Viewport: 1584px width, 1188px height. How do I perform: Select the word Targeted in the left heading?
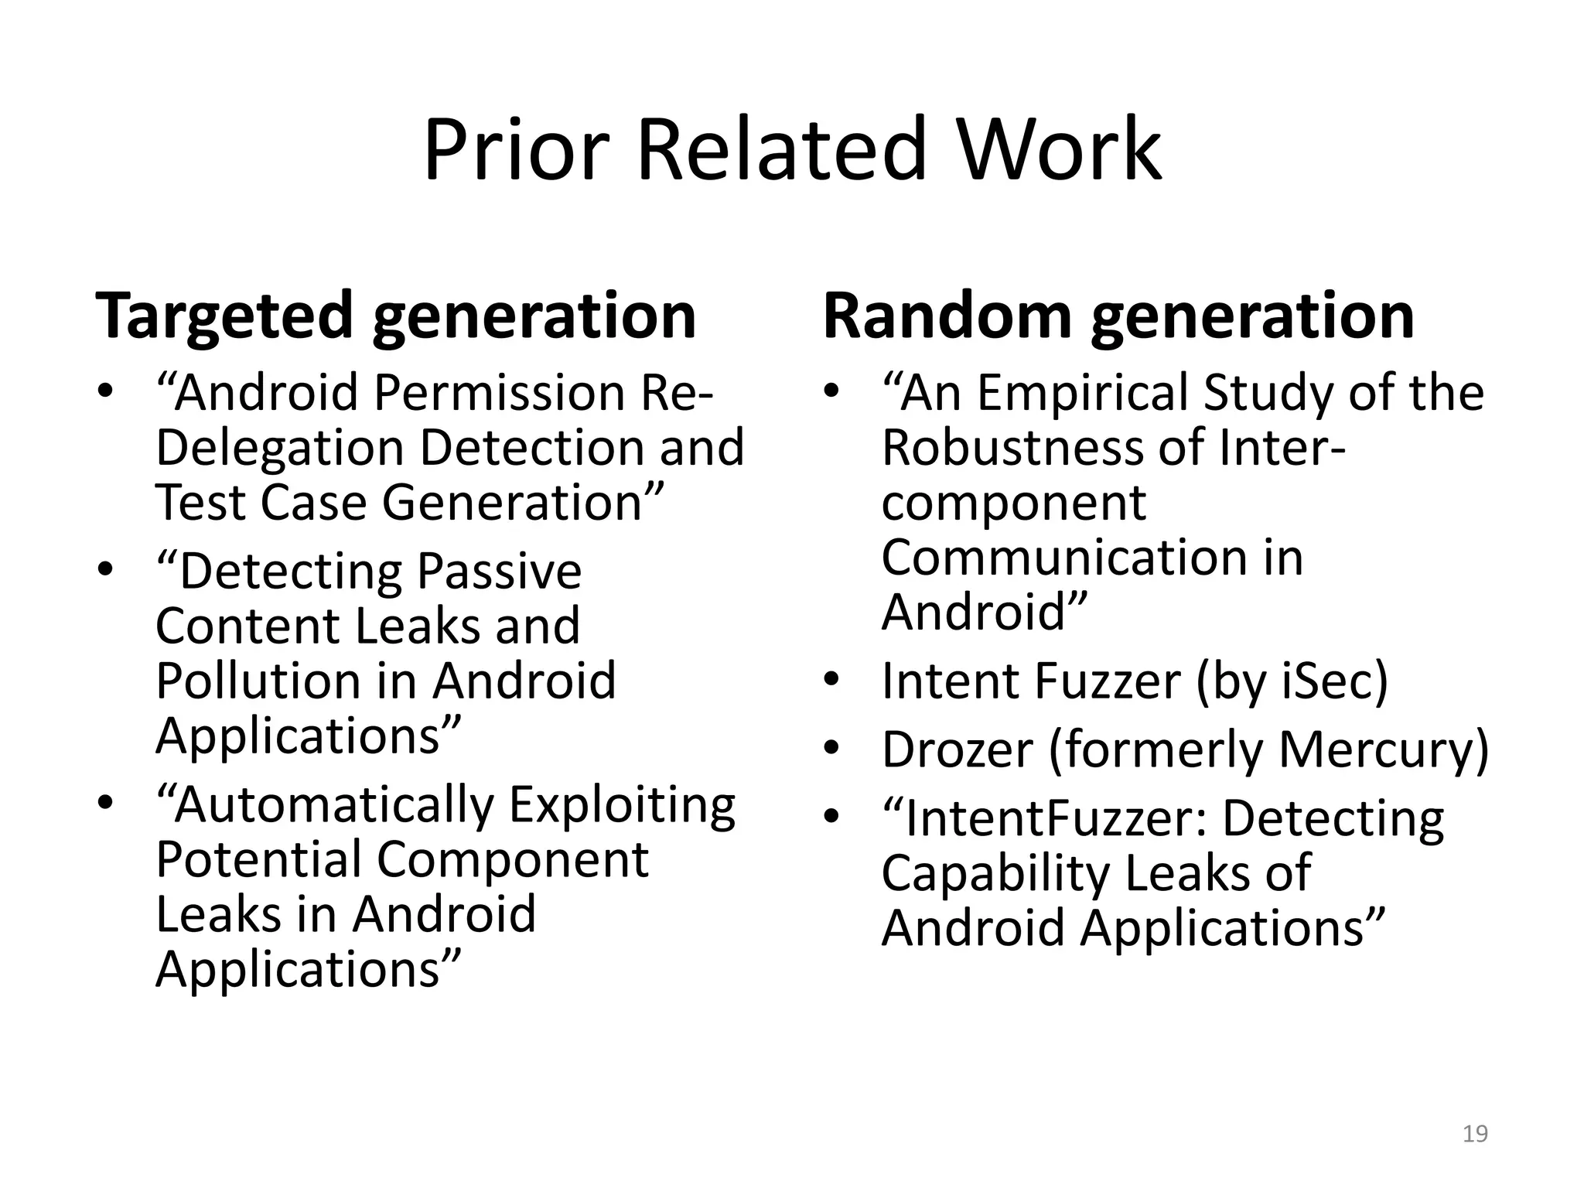[x=224, y=316]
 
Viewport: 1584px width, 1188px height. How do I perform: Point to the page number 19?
[x=1475, y=1134]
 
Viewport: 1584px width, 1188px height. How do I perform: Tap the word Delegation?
[x=279, y=448]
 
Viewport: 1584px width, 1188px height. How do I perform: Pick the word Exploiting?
[x=622, y=805]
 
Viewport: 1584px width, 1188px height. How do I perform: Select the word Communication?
[x=1064, y=558]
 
